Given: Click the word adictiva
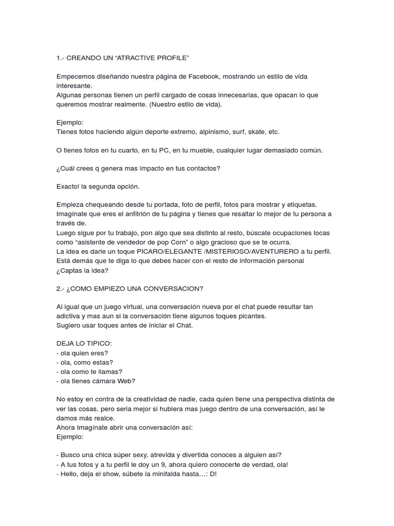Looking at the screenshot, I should (x=69, y=316).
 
